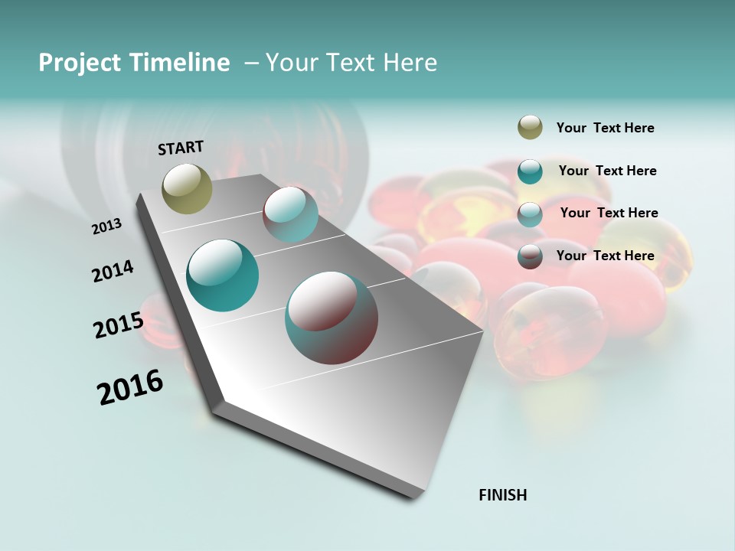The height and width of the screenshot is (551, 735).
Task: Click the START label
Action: coord(181,147)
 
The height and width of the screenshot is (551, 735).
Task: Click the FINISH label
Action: coord(502,495)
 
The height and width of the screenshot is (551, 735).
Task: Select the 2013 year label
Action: coord(106,227)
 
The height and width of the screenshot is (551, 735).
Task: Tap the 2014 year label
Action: coord(113,272)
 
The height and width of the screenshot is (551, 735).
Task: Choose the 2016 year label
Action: coord(130,386)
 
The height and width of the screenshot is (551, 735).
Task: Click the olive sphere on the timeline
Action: coord(187,188)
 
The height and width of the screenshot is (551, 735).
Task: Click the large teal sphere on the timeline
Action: coord(222,275)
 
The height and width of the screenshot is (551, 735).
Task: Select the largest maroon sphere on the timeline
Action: coord(331,318)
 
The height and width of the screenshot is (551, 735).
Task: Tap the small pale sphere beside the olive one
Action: coord(290,214)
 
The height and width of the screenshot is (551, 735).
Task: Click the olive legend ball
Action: coord(530,128)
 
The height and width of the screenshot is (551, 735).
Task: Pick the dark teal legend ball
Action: coord(530,171)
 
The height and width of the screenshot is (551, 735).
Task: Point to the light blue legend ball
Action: coord(530,214)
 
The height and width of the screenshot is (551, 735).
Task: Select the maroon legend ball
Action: coord(530,256)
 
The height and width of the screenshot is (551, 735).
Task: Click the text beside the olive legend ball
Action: coord(605,128)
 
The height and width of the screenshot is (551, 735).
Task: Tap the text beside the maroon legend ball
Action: coord(605,256)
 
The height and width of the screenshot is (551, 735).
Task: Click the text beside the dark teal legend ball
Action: coord(607,171)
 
